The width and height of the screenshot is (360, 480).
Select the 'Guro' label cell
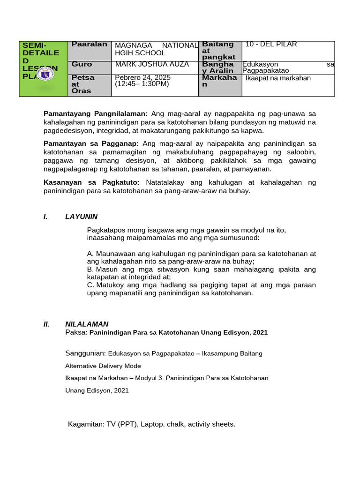coord(82,64)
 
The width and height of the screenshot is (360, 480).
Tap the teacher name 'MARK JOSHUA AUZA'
coord(145,64)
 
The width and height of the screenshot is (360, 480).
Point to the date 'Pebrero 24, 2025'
coord(142,77)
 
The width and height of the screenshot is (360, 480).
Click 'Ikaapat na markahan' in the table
coord(278,78)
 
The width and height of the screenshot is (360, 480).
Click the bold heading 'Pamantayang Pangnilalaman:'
coord(96,113)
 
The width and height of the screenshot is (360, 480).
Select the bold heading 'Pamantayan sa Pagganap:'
coord(91,143)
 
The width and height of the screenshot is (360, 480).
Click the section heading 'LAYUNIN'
coord(81,217)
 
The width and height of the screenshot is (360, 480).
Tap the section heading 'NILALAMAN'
coord(87,324)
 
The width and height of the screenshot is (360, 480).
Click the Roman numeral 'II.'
coord(46,324)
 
